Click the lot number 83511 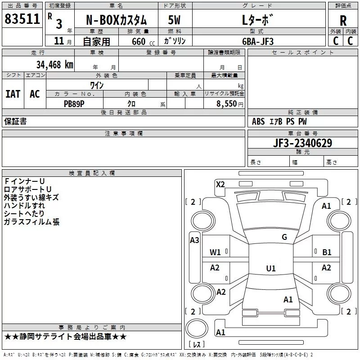(22, 19)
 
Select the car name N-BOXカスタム (116, 20)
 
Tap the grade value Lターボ (257, 20)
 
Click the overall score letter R (343, 20)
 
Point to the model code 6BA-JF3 (257, 41)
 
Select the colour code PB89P (74, 103)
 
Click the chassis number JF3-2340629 (303, 143)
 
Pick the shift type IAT (13, 94)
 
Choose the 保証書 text (15, 121)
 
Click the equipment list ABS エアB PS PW (279, 121)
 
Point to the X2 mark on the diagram (220, 184)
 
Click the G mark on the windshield (284, 237)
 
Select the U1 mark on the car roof (270, 268)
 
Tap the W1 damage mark (216, 252)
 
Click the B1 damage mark (327, 252)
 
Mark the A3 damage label (194, 240)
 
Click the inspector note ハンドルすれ (24, 206)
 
